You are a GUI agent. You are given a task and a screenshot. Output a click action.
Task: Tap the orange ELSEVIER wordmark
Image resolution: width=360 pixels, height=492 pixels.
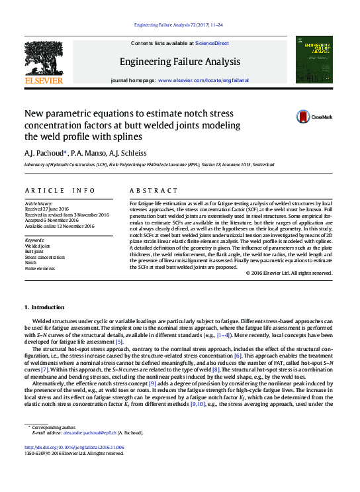tap(44, 81)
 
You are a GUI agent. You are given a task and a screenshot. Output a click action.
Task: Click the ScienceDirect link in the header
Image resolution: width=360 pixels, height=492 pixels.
tap(212, 43)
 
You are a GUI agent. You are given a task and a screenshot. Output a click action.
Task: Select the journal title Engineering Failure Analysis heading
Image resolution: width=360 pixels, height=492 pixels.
tap(179, 62)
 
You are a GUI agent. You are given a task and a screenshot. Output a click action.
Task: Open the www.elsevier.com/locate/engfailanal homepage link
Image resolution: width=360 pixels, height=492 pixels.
tap(203, 80)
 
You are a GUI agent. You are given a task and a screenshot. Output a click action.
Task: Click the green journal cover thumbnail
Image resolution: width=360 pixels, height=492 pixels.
tap(314, 60)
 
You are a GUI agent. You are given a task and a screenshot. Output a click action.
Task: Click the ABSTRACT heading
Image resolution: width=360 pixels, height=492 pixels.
tap(154, 190)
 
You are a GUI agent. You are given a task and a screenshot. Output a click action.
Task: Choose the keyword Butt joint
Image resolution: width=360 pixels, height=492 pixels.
tap(34, 252)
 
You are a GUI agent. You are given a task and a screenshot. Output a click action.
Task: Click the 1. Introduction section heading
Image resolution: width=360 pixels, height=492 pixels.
tap(44, 307)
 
